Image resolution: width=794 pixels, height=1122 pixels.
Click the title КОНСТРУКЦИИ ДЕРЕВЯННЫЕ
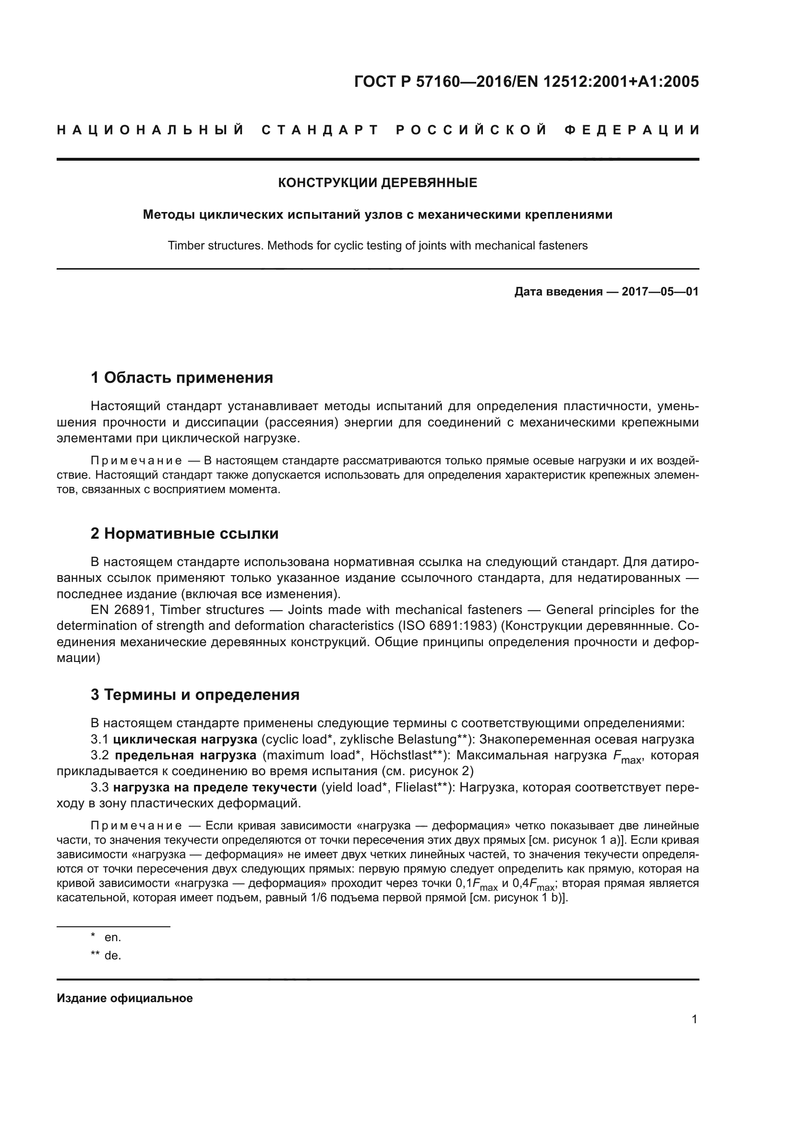click(377, 183)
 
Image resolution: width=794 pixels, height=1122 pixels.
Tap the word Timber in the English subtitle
click(183, 245)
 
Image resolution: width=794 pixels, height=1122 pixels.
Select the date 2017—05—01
click(660, 292)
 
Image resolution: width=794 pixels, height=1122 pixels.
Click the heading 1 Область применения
click(181, 378)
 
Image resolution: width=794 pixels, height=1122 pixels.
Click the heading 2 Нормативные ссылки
click(184, 533)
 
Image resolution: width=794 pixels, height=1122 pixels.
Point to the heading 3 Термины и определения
click(194, 695)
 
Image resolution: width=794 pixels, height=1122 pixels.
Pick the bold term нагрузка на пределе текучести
click(215, 787)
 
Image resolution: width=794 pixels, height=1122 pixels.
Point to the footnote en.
click(112, 937)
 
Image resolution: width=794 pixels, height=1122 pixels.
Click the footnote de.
click(112, 956)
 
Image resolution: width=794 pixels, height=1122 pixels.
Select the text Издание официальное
click(125, 998)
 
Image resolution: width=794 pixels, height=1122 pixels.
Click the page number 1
click(694, 1019)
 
